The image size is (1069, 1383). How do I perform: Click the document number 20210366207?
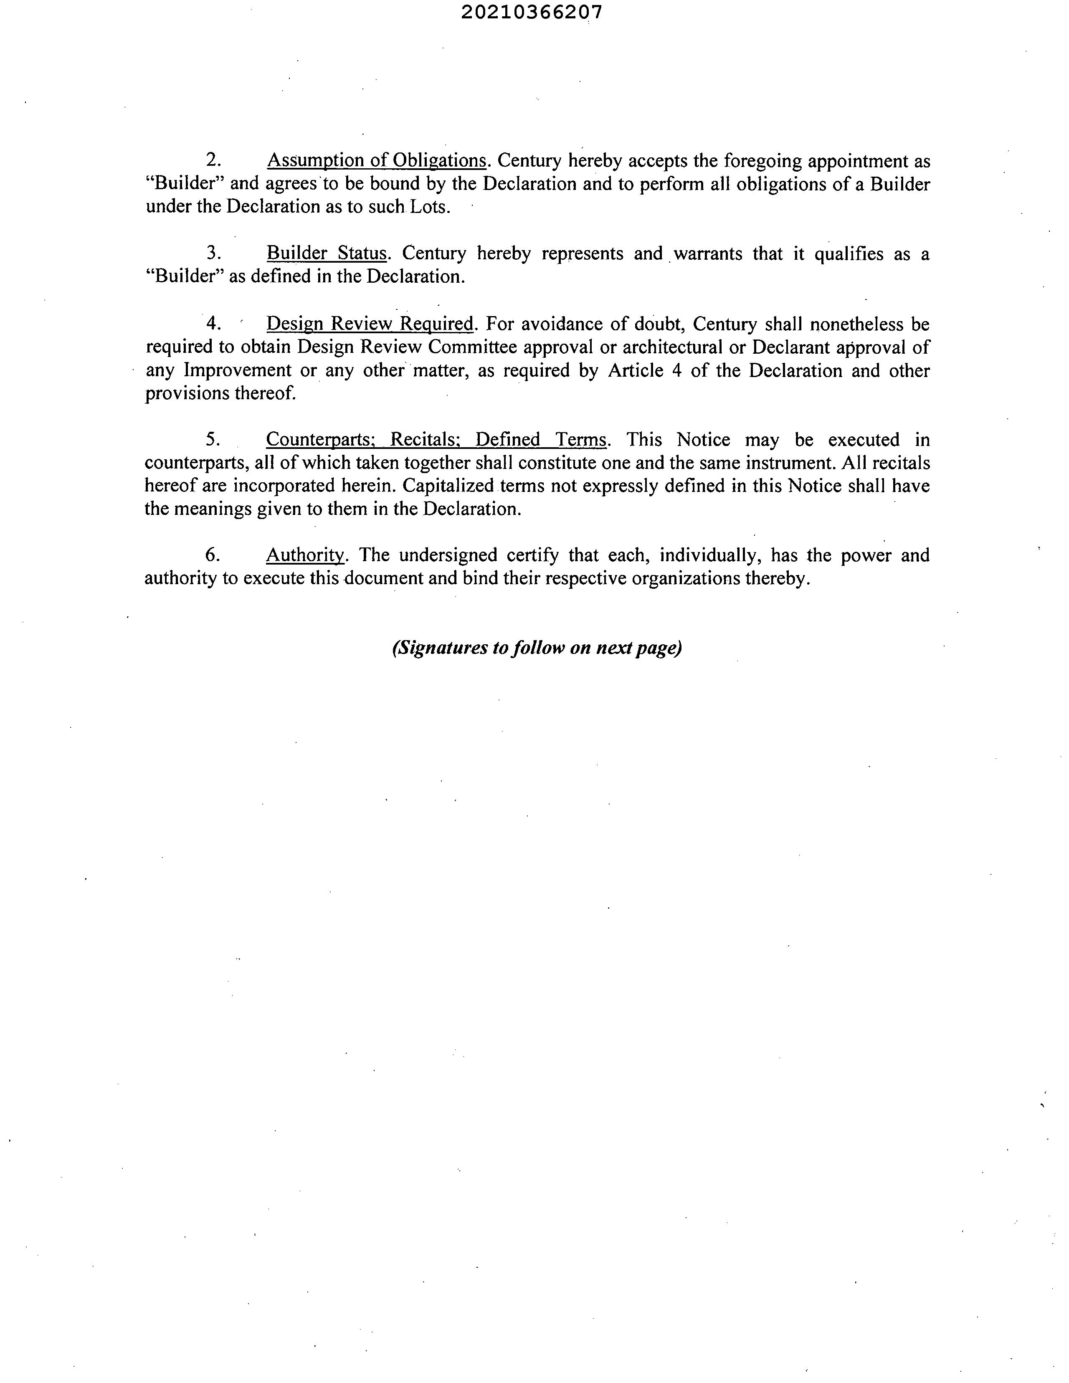(531, 12)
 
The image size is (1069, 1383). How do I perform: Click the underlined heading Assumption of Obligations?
(376, 161)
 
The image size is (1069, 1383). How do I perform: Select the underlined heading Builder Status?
(326, 253)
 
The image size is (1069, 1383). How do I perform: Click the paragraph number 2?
(213, 161)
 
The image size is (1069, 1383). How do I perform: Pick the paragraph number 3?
(213, 253)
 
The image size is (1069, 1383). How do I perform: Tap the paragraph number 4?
(213, 324)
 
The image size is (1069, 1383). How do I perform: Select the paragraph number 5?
(213, 439)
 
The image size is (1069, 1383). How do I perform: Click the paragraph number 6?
(213, 555)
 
